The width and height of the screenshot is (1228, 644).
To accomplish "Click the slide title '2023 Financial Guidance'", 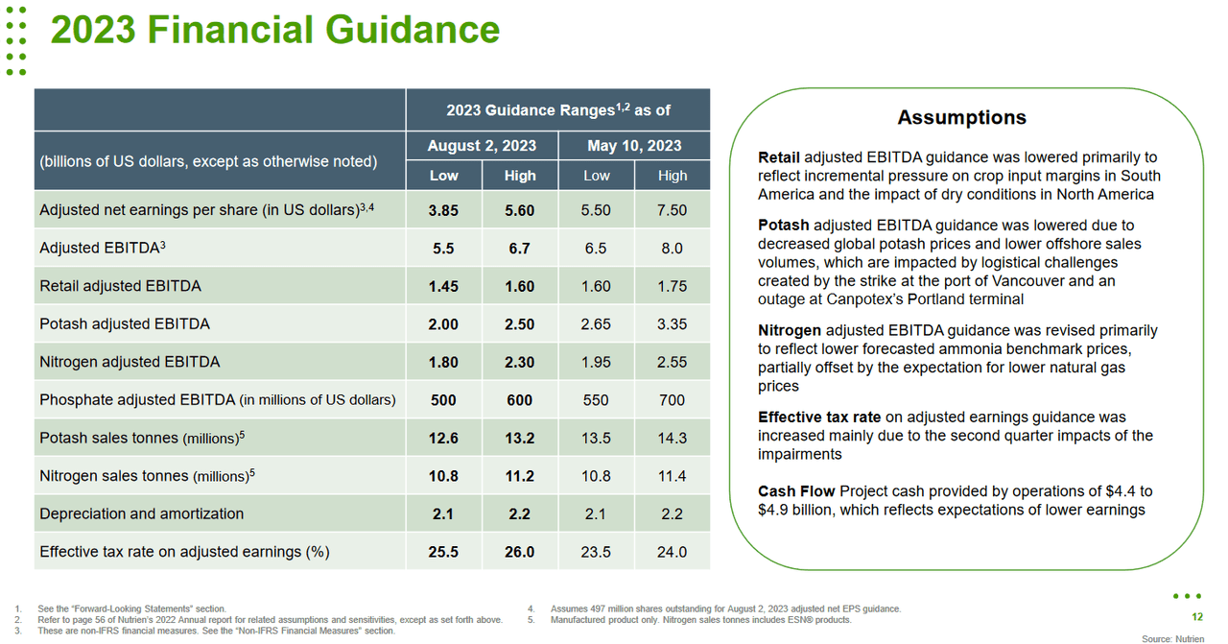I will click(x=274, y=30).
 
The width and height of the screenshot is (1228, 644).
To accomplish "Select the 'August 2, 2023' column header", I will click(x=482, y=146).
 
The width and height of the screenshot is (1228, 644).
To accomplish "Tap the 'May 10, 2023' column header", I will click(x=634, y=146).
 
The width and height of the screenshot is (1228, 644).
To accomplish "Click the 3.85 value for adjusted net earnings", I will click(x=443, y=210).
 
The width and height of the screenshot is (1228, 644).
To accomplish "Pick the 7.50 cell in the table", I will click(x=672, y=210).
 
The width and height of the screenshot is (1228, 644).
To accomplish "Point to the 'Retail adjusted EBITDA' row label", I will click(x=120, y=286).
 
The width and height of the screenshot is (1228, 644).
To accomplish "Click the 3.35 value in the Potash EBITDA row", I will click(x=672, y=324).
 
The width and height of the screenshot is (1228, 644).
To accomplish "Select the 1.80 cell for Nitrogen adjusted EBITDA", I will click(x=443, y=362).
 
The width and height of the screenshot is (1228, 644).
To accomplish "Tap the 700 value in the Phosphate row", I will click(x=672, y=400).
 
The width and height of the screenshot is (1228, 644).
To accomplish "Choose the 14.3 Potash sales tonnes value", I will click(x=672, y=438).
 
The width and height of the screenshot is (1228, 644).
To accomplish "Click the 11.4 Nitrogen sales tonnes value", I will click(x=672, y=476).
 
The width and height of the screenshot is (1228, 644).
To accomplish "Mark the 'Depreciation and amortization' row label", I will click(x=141, y=513).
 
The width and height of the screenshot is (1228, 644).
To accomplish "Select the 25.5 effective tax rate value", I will click(x=443, y=552).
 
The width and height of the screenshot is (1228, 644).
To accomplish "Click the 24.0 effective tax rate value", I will click(x=672, y=552).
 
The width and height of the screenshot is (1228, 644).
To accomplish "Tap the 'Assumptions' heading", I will click(x=961, y=117).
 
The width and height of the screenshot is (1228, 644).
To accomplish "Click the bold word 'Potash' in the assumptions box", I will click(x=783, y=226).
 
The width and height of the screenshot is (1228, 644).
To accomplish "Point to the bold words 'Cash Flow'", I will click(x=795, y=491).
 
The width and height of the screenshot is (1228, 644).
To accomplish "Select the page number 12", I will click(x=1196, y=617).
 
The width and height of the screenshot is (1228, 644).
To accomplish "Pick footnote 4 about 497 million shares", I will click(x=725, y=608).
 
